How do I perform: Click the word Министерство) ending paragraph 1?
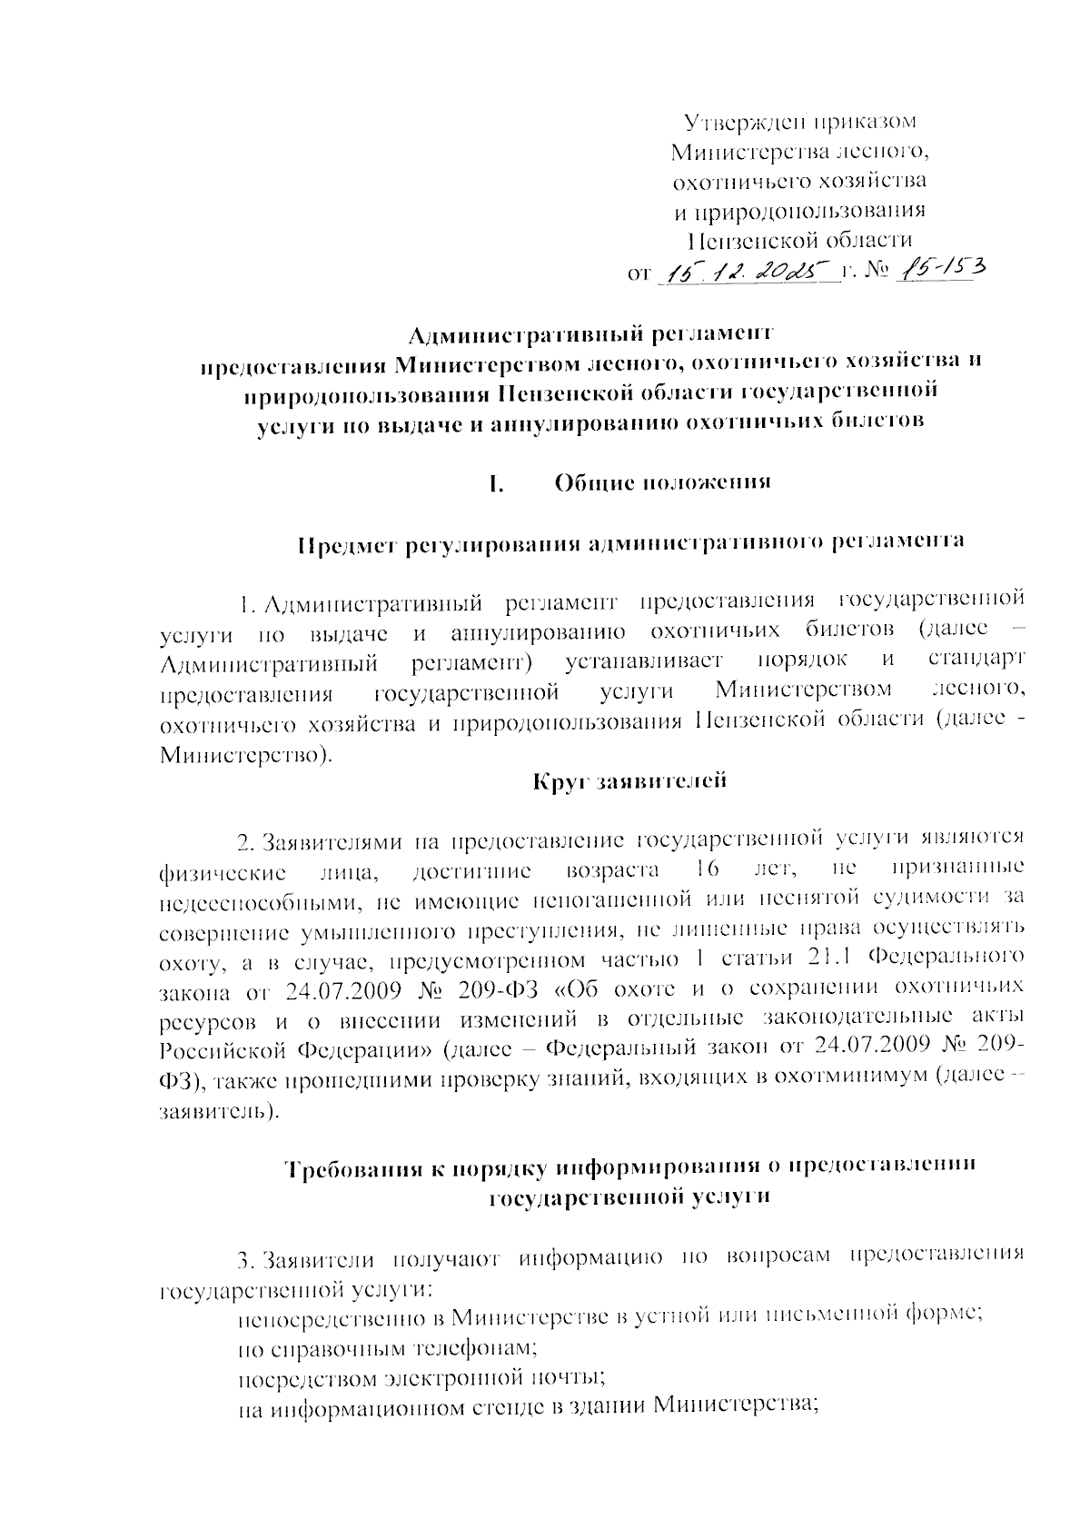(246, 753)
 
